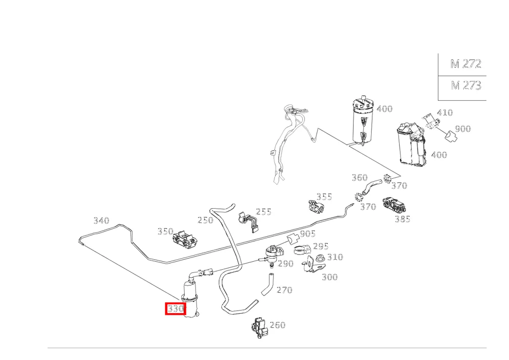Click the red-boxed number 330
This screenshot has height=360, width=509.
tap(176, 309)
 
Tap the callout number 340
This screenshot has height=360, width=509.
tap(101, 221)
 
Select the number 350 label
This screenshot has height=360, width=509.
tap(165, 232)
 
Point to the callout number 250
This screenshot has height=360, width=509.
tap(206, 220)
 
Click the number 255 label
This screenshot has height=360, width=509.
tap(264, 212)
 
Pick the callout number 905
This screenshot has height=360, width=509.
tap(308, 234)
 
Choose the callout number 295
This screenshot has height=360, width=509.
tap(321, 246)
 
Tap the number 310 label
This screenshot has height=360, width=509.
tap(335, 257)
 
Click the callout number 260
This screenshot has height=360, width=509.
tap(277, 325)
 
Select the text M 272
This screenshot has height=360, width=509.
tap(466, 64)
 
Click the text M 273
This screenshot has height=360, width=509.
tap(466, 86)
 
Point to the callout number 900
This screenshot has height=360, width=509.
tap(463, 129)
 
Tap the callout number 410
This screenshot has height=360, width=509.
tap(445, 113)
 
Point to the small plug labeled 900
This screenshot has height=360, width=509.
tap(450, 136)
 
